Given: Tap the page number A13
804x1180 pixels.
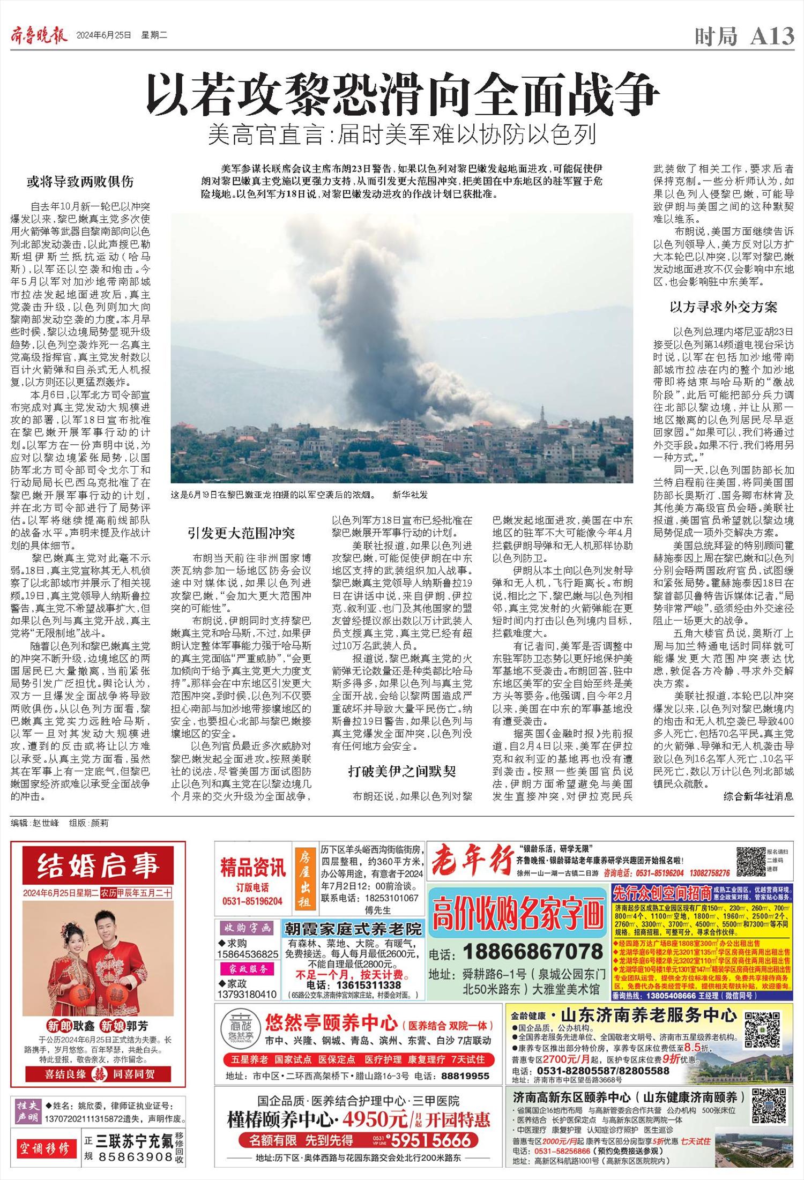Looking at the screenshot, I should pyautogui.click(x=772, y=36).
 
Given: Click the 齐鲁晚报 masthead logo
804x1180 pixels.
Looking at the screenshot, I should pyautogui.click(x=39, y=36).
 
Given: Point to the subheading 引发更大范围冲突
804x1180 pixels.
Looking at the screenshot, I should pyautogui.click(x=241, y=533).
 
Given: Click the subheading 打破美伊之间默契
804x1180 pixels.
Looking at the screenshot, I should pyautogui.click(x=401, y=771).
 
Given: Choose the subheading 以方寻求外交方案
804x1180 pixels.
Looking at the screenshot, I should pyautogui.click(x=723, y=307).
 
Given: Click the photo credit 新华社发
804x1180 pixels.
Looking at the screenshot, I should pyautogui.click(x=410, y=495).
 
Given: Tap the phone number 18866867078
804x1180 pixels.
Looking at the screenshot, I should pyautogui.click(x=533, y=951).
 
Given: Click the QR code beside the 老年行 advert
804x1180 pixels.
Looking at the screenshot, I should pyautogui.click(x=750, y=861).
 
